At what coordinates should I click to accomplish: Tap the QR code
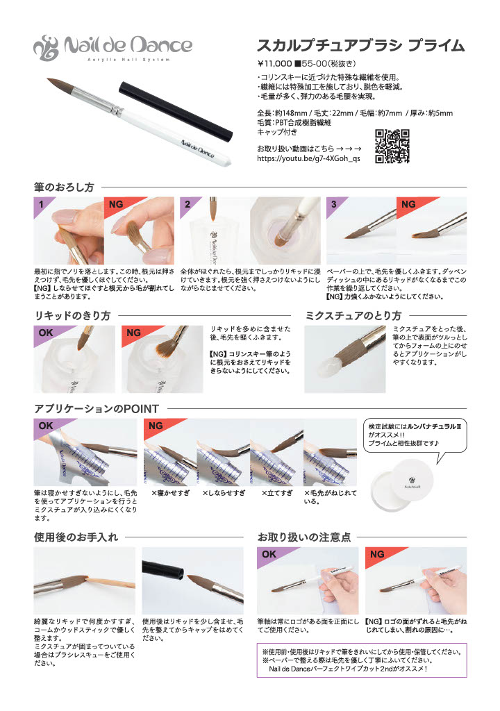coord(392,147)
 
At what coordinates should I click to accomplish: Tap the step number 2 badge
coord(187,205)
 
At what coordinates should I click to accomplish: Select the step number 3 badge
coord(335,205)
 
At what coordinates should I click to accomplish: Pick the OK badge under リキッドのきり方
coord(46,333)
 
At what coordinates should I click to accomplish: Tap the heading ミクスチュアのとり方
coord(353,315)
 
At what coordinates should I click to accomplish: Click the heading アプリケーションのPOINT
coord(97,408)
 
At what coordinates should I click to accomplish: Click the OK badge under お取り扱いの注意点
coord(269,555)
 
